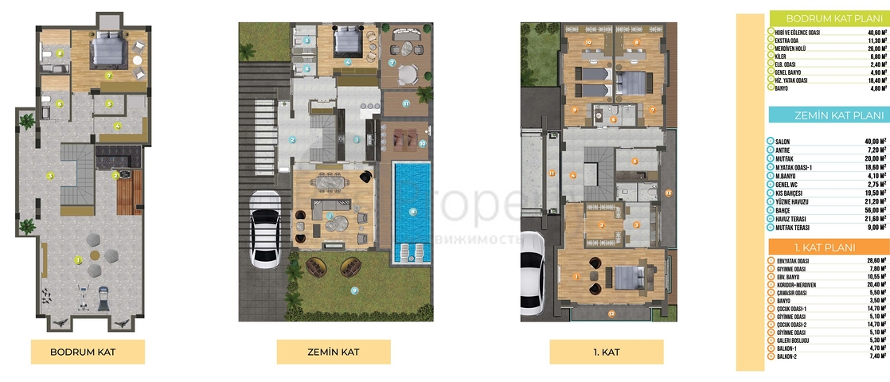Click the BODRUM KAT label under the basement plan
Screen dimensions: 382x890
click(x=87, y=351)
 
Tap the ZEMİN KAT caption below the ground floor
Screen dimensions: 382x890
click(x=333, y=351)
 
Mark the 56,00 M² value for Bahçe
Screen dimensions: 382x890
click(x=872, y=210)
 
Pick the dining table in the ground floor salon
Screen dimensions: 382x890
click(x=329, y=182)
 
